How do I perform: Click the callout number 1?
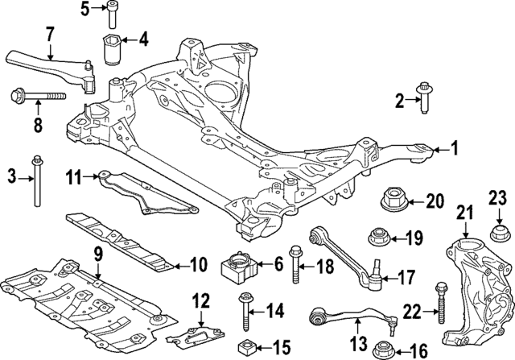coord(453,147)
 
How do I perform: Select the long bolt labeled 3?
coord(35,181)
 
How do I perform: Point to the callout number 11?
coord(74,175)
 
